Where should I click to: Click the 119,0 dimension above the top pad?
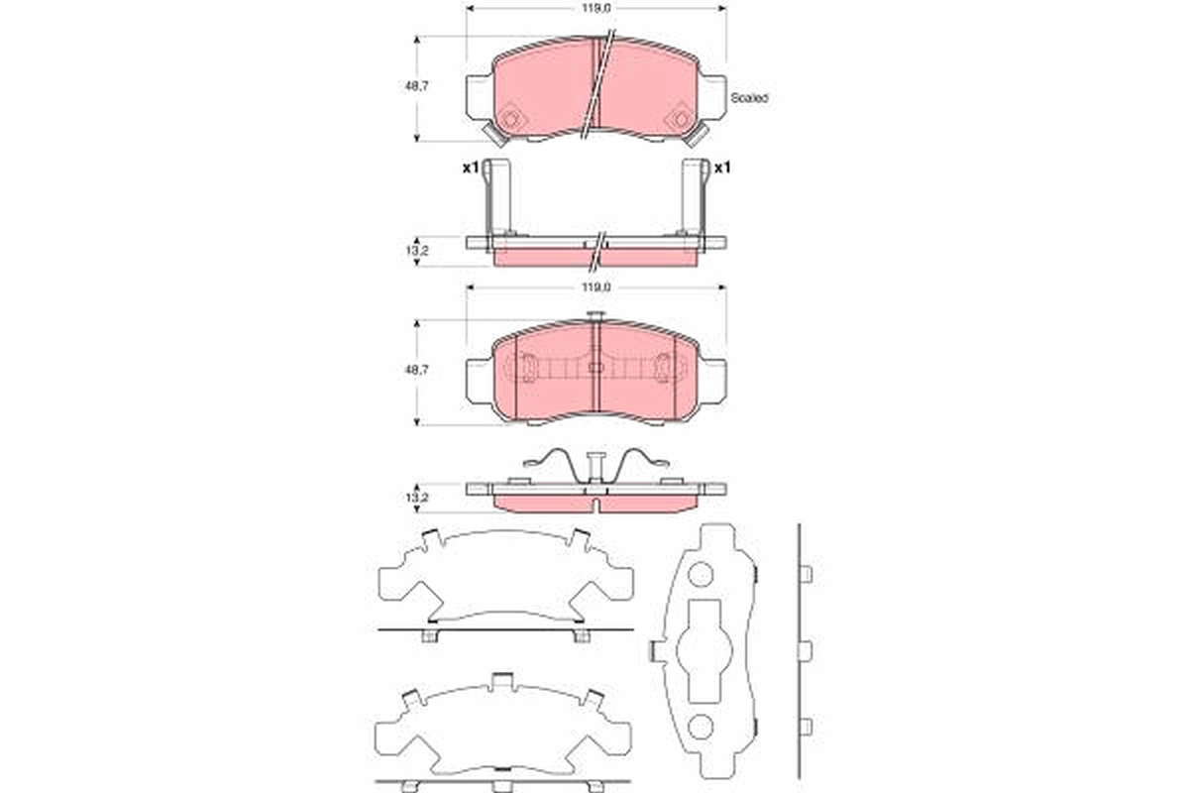[x=596, y=8]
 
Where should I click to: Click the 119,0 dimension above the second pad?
[x=596, y=287]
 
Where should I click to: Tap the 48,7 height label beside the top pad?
[x=417, y=86]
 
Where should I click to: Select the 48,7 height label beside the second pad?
[x=417, y=370]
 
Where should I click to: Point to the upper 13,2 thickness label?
[x=417, y=251]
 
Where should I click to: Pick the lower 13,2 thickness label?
[x=417, y=498]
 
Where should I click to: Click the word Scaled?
[x=749, y=98]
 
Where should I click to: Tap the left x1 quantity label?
[x=471, y=168]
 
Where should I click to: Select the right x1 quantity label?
[x=722, y=168]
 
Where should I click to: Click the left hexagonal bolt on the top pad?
[x=510, y=118]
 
